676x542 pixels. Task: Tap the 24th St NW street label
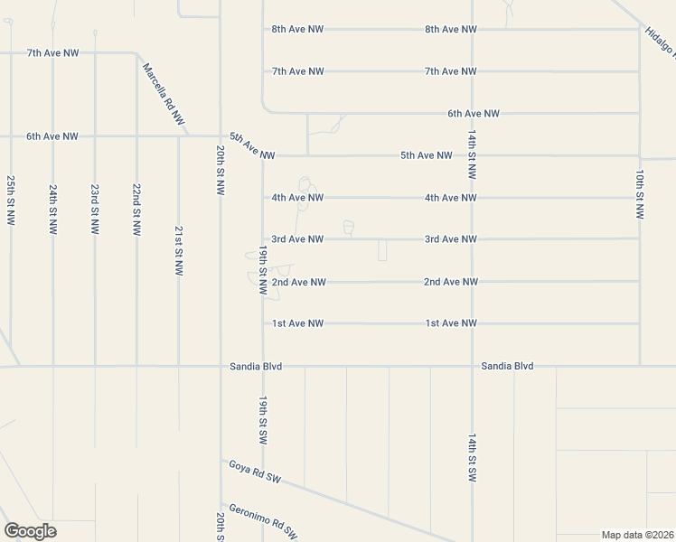[x=53, y=210]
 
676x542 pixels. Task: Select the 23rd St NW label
[x=95, y=210]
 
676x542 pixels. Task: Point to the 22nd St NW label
[x=136, y=210]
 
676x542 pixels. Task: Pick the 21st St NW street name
[x=179, y=250]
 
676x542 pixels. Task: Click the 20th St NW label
[x=221, y=170]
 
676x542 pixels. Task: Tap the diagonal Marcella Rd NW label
[x=164, y=94]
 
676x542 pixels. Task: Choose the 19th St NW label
[x=263, y=270]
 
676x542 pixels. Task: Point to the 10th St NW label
[x=640, y=194]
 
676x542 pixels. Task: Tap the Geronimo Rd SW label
[x=263, y=519]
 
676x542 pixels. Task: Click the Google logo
[x=30, y=531]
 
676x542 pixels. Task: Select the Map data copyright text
[x=637, y=535]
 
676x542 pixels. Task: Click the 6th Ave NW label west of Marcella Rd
[x=52, y=136]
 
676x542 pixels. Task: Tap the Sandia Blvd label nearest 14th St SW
[x=507, y=366]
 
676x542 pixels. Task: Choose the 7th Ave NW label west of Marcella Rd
[x=52, y=53]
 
